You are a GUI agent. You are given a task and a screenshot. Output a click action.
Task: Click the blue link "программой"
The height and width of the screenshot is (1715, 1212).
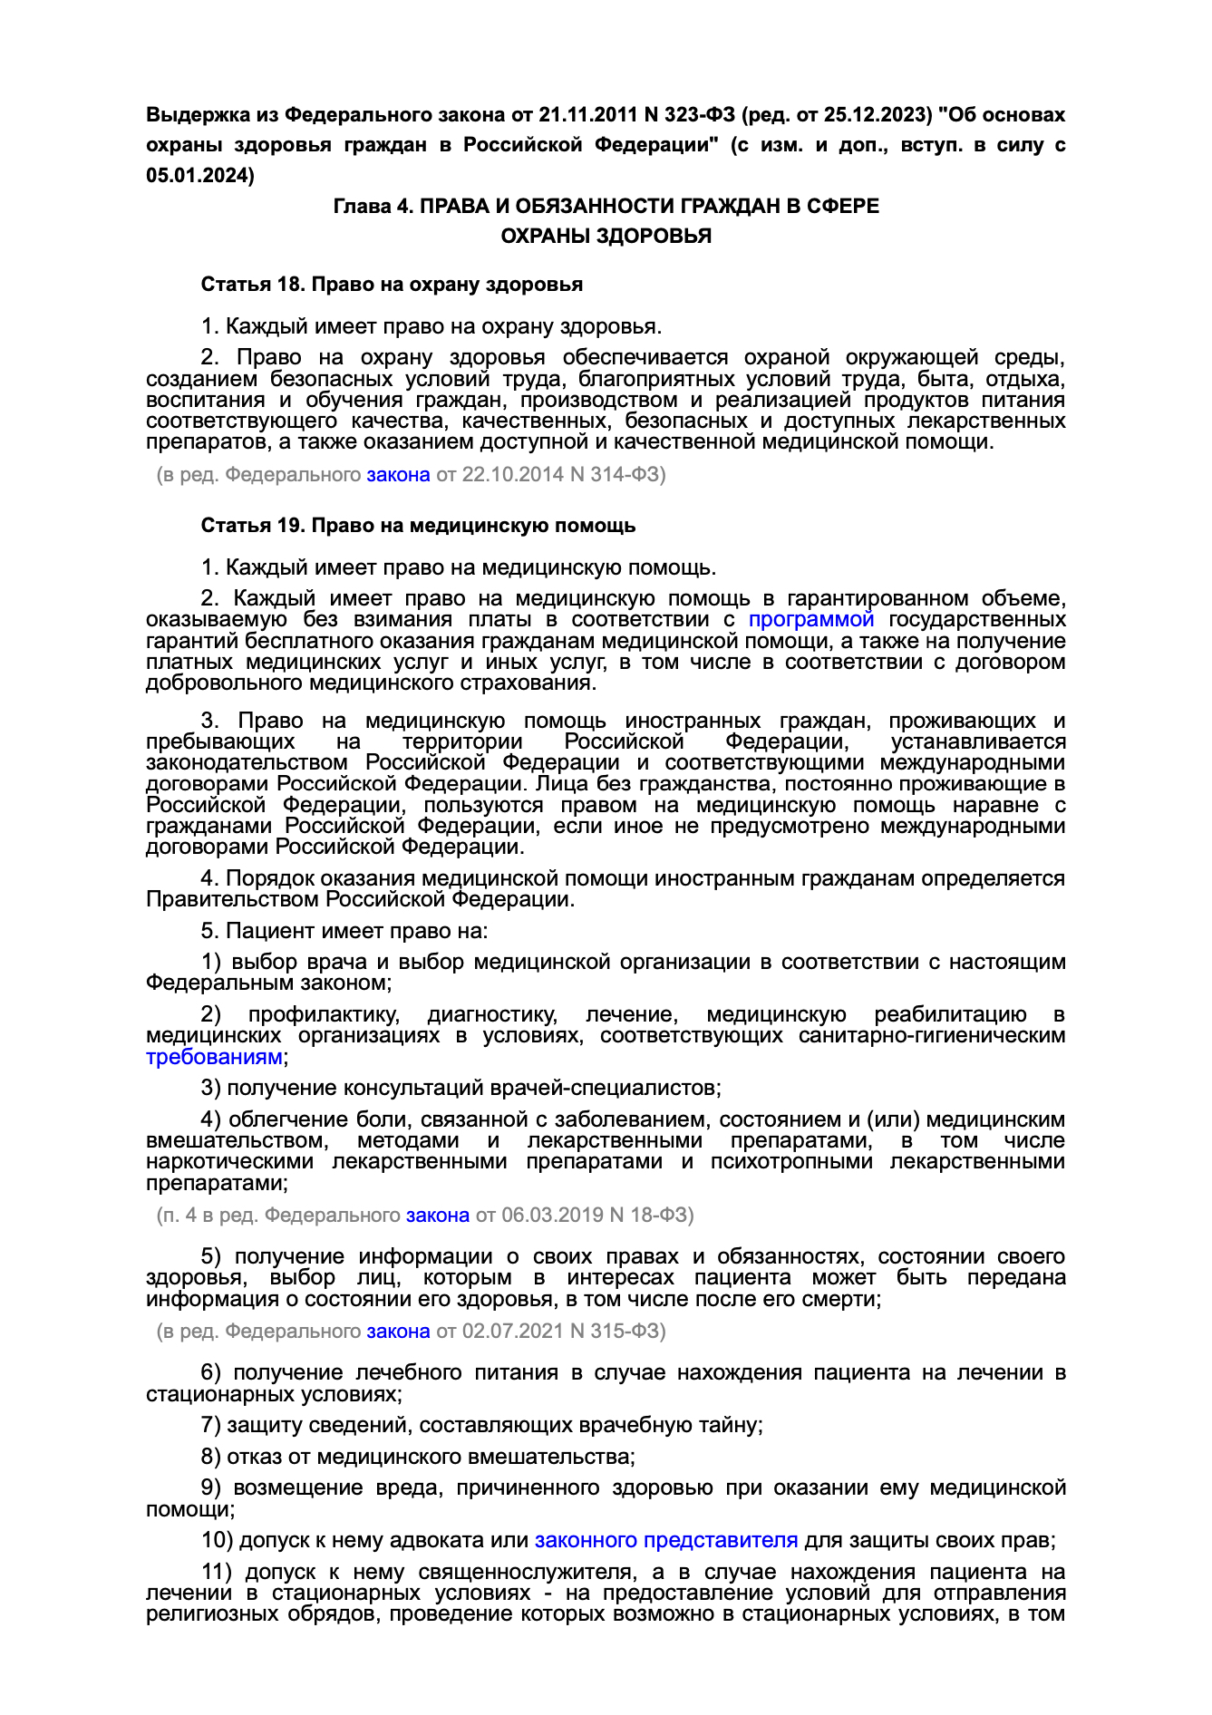(x=811, y=619)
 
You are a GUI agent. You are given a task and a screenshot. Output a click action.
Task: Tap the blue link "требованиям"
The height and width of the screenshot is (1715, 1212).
(x=214, y=1057)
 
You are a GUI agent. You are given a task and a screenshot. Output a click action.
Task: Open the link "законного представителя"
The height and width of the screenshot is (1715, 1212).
(x=666, y=1540)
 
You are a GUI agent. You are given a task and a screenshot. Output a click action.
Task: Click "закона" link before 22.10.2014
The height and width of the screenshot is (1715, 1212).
(x=398, y=474)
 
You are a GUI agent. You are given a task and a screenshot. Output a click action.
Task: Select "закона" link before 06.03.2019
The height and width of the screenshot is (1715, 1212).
(x=438, y=1215)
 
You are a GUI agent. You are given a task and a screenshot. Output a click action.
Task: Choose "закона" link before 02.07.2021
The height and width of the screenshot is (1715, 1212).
(x=398, y=1331)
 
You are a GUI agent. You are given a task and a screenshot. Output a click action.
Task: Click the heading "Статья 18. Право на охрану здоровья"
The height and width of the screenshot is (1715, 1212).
(x=392, y=285)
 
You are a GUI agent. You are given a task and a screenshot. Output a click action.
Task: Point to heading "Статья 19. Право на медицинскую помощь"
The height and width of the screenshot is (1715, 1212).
(x=418, y=526)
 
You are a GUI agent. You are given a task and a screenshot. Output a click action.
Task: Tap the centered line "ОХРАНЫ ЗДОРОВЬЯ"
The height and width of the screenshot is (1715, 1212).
(x=606, y=236)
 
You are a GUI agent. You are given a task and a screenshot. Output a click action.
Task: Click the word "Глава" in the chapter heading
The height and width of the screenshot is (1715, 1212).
(x=361, y=207)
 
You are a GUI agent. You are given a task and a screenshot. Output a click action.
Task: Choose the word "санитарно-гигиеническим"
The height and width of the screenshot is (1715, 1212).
(x=932, y=1035)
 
